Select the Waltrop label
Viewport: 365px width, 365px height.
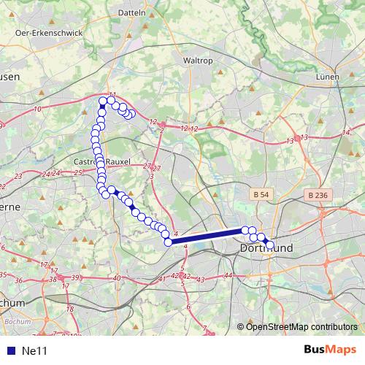pos(197,61)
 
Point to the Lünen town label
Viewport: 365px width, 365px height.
pos(328,76)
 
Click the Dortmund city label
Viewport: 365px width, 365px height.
pos(266,249)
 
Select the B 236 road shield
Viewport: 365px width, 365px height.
pos(317,195)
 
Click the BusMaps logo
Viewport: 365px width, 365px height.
pos(329,350)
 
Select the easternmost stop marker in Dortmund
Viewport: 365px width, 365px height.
pos(269,245)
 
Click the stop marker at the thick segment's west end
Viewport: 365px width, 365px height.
pos(168,242)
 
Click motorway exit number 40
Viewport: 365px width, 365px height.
pos(117,278)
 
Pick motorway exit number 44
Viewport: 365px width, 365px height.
pos(228,275)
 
